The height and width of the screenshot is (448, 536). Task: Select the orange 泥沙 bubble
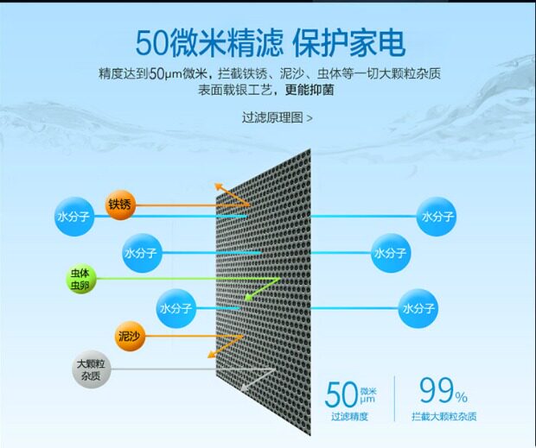tap(128, 337)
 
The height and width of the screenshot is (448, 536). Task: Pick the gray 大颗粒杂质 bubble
tap(90, 371)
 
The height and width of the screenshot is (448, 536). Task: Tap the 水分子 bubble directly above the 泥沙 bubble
tap(176, 307)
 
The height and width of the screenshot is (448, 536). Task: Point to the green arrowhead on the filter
tap(246, 296)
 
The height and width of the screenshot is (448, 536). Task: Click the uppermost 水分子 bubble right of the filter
tap(437, 217)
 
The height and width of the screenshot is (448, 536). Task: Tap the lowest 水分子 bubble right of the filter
tap(419, 306)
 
